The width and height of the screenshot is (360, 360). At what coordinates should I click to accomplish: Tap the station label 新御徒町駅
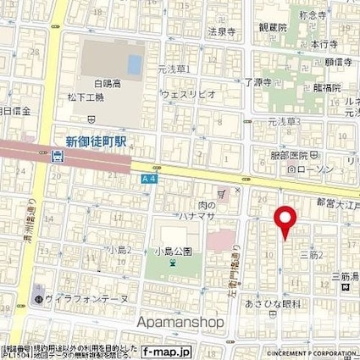(x=97, y=141)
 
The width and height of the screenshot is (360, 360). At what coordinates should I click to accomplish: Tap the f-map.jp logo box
(x=167, y=351)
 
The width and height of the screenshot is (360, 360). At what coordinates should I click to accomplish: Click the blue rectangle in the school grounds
(x=133, y=64)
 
